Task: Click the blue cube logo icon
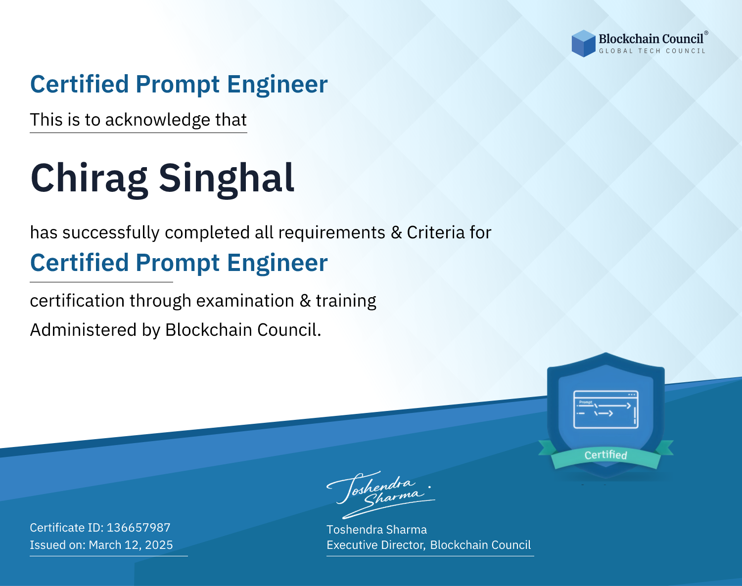pyautogui.click(x=583, y=44)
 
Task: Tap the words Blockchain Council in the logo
pyautogui.click(x=651, y=39)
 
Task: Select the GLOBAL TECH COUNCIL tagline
pyautogui.click(x=652, y=51)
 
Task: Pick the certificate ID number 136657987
pyautogui.click(x=139, y=527)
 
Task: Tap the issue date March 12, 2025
pyautogui.click(x=131, y=544)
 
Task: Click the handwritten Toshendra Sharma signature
pyautogui.click(x=381, y=495)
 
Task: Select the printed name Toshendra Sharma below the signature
pyautogui.click(x=376, y=530)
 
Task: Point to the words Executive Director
pyautogui.click(x=375, y=545)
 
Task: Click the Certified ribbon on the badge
pyautogui.click(x=606, y=455)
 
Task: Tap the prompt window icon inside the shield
pyautogui.click(x=606, y=409)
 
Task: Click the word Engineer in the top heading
pyautogui.click(x=277, y=85)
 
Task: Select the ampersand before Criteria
pyautogui.click(x=397, y=233)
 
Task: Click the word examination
pyautogui.click(x=245, y=301)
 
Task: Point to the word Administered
pyautogui.click(x=84, y=330)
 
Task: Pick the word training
pyautogui.click(x=346, y=301)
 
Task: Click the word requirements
pyautogui.click(x=332, y=233)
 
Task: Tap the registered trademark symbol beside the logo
pyautogui.click(x=706, y=33)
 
